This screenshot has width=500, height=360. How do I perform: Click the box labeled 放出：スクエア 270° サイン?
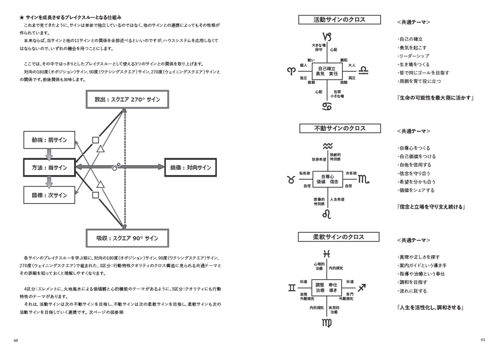click(127, 99)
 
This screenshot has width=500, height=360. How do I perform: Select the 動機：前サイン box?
click(49, 140)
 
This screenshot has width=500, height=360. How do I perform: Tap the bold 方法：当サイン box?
click(49, 167)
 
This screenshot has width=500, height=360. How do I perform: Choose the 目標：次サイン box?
click(49, 195)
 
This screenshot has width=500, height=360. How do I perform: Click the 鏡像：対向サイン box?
click(190, 167)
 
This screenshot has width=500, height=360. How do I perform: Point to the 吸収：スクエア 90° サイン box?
click(127, 238)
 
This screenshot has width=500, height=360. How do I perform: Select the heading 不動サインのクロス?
click(340, 128)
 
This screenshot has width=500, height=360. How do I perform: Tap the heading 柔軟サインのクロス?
click(338, 237)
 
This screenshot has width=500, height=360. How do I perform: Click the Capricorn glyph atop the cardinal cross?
click(327, 37)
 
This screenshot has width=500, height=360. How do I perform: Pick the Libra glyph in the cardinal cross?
click(363, 70)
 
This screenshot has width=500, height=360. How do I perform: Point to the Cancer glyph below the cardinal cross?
click(327, 106)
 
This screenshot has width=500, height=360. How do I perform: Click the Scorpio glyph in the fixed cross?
click(363, 179)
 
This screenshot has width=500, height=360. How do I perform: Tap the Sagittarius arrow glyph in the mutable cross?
click(361, 288)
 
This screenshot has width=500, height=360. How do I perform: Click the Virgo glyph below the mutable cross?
click(327, 323)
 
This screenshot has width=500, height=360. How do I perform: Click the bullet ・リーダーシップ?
click(413, 56)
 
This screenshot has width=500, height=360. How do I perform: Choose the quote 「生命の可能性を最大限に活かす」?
click(435, 97)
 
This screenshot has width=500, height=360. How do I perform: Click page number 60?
click(16, 340)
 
